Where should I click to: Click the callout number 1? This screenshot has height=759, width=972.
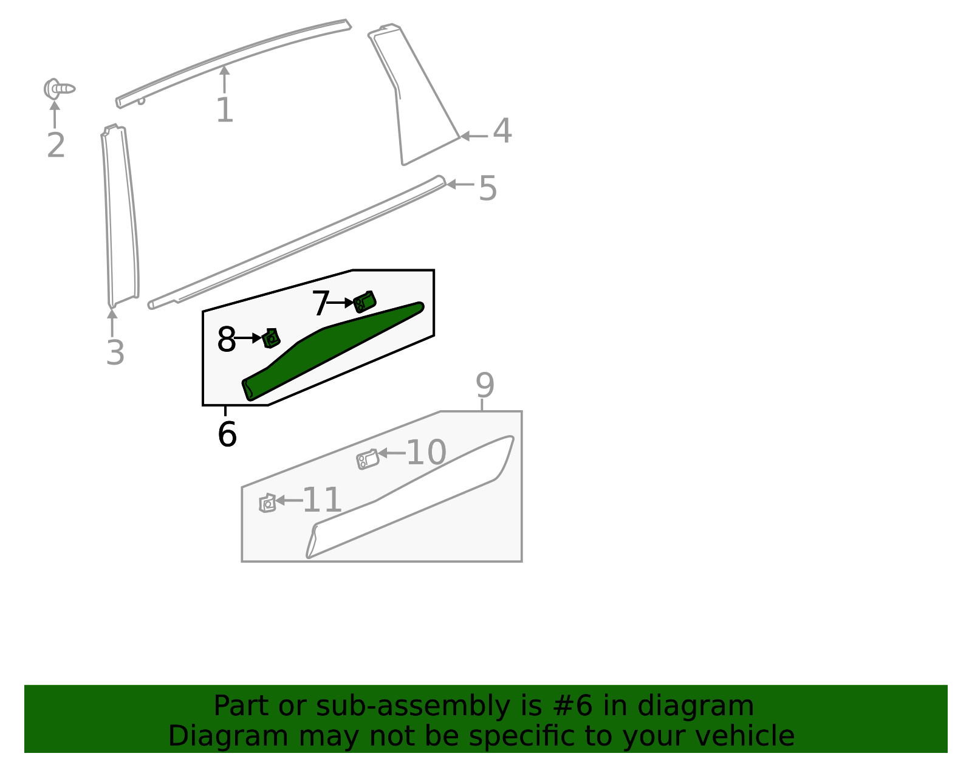click(x=225, y=111)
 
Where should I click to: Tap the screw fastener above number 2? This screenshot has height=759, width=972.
click(x=59, y=89)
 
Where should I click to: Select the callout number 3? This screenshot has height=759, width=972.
click(x=115, y=353)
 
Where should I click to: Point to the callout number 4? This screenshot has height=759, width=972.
click(x=502, y=131)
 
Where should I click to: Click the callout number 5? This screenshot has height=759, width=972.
click(x=488, y=188)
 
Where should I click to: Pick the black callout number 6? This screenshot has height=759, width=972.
click(x=227, y=435)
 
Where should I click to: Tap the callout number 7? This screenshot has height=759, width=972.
click(x=320, y=304)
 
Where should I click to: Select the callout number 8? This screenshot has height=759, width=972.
click(x=226, y=340)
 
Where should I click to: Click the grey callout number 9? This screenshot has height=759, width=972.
click(x=485, y=385)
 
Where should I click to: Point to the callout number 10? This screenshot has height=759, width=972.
click(x=426, y=453)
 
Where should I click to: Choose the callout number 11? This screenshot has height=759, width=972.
click(x=322, y=501)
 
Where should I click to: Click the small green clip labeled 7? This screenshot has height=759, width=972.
click(x=364, y=301)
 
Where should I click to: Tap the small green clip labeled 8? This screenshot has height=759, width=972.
click(x=271, y=338)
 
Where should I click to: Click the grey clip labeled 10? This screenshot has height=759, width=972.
click(x=368, y=459)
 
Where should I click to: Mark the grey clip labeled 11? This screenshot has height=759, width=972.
click(x=267, y=503)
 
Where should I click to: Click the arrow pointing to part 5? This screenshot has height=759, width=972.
click(x=460, y=184)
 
